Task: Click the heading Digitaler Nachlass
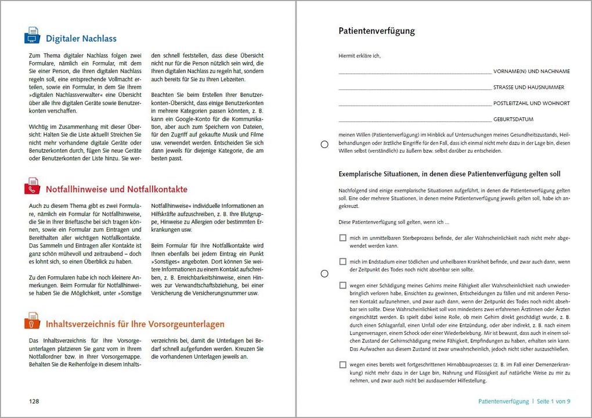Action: (81, 39)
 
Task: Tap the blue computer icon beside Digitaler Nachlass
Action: (33, 36)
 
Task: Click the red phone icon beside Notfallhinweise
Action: (33, 186)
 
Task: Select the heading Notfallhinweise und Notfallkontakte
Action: (117, 190)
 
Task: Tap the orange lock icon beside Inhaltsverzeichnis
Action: (33, 320)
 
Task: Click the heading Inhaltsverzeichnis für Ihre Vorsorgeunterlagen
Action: (135, 324)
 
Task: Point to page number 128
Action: (35, 401)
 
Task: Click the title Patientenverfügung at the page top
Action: (377, 31)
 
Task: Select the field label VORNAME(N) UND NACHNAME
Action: (531, 71)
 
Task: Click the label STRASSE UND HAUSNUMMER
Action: (529, 88)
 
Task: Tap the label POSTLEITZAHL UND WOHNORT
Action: (531, 103)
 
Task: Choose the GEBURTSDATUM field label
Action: (513, 120)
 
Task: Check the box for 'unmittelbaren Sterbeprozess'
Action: (343, 238)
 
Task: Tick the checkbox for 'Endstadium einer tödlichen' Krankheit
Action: (343, 262)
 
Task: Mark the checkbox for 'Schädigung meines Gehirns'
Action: (343, 286)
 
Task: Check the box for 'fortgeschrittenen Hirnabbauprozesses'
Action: (343, 365)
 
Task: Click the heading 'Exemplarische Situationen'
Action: (449, 174)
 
